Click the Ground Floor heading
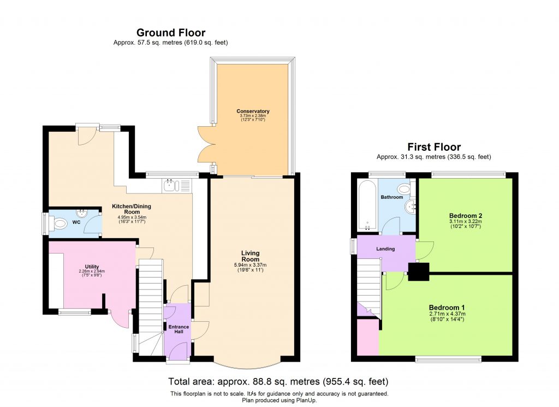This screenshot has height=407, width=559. [x=170, y=33]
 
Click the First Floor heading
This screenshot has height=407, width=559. [x=434, y=147]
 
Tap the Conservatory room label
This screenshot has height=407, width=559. [x=253, y=111]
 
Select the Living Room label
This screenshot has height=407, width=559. [x=251, y=257]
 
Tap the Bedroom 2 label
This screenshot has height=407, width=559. [x=465, y=215]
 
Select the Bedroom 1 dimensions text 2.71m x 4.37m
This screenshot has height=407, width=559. [x=447, y=314]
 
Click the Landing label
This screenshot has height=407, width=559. [x=385, y=249]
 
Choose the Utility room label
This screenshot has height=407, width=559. [x=91, y=266]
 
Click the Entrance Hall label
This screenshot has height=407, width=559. [x=178, y=329]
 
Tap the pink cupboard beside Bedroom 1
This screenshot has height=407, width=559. [x=367, y=337]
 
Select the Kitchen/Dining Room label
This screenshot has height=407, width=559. [x=131, y=209]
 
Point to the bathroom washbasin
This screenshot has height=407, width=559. [x=412, y=207]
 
